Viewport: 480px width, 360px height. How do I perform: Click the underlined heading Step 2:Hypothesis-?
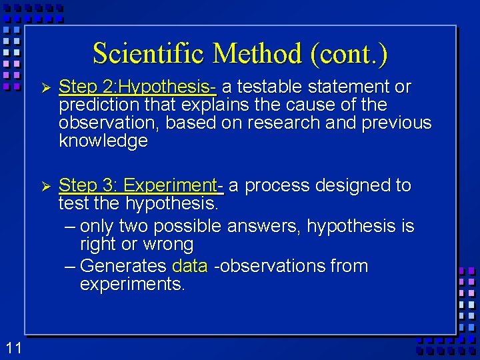[x=137, y=87]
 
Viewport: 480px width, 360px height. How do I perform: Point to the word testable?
[x=271, y=87]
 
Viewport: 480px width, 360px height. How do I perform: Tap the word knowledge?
[x=103, y=141]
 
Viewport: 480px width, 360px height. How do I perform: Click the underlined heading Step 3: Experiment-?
[x=141, y=185]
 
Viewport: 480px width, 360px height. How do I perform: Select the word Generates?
[x=123, y=266]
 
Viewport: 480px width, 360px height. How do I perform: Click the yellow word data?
[x=190, y=266]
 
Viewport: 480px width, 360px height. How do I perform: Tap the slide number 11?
[x=13, y=347]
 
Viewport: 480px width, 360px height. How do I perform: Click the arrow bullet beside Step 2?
[x=45, y=87]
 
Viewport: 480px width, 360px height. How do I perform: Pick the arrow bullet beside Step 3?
[x=45, y=185]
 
